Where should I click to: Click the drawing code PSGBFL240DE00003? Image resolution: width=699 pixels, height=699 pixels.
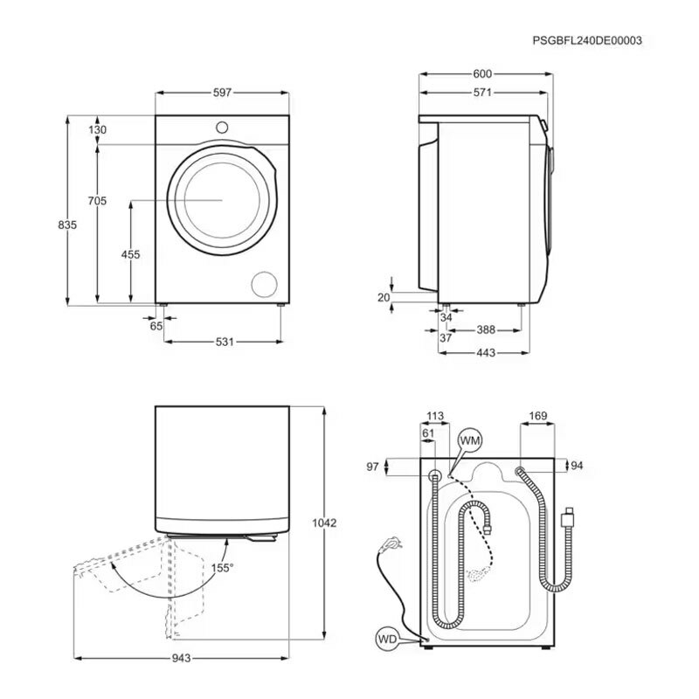pos(587,40)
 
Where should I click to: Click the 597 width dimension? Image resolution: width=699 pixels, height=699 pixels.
pos(222,93)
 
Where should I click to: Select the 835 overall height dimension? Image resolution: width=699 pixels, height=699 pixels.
pos(67,225)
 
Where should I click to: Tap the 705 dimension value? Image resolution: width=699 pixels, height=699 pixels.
pos(97,201)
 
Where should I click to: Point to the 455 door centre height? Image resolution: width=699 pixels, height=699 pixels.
pos(130,254)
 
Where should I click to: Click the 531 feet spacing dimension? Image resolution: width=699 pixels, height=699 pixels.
pos(225,342)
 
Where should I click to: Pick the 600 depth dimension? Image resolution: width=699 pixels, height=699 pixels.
pos(482,73)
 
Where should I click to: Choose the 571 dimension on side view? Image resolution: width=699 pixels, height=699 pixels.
pos(482,93)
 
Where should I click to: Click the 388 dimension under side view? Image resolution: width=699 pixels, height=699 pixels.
pos(486,330)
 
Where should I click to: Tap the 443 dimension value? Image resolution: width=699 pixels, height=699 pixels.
pos(486,353)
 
